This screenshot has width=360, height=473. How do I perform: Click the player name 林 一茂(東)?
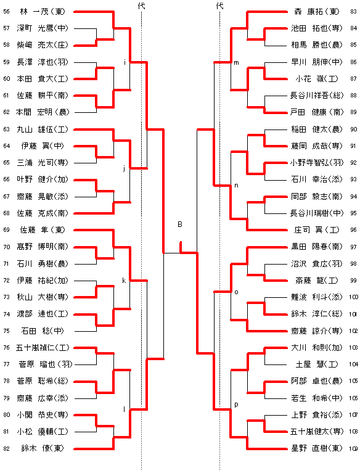point(43,12)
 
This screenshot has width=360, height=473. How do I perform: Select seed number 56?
point(7,12)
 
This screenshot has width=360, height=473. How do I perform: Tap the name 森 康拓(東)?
point(317,12)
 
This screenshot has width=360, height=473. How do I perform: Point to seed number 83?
point(353,12)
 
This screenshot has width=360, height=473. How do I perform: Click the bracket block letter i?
point(125,62)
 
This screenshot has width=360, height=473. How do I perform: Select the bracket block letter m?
point(236,63)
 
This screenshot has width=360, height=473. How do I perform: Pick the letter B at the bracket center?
point(180,224)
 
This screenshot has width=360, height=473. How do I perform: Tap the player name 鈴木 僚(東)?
point(43,448)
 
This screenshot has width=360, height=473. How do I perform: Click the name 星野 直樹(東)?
point(317,448)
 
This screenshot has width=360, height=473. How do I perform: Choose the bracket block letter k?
point(124,281)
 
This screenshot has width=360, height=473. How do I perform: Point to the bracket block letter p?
point(236,405)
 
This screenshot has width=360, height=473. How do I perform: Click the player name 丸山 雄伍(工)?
point(43,130)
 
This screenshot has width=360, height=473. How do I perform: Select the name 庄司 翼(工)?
point(317,230)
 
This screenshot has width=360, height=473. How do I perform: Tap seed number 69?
point(7,230)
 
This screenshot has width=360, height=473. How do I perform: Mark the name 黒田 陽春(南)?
point(317,247)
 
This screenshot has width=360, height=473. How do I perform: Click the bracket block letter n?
point(236,186)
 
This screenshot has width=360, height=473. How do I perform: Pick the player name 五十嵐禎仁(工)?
point(43,348)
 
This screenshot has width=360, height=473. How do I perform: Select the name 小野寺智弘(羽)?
point(317,163)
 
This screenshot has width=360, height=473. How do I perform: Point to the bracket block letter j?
point(124,168)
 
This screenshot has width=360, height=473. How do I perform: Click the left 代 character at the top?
point(141,6)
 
